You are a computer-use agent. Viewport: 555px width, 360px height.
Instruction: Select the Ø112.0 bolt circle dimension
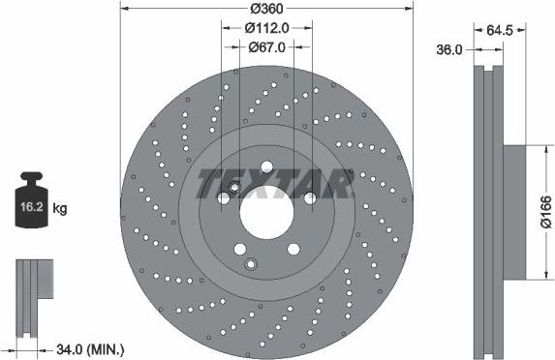(265, 26)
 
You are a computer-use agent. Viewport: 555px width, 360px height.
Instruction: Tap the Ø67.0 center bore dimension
(265, 45)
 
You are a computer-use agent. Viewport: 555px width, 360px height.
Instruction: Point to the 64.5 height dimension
(500, 28)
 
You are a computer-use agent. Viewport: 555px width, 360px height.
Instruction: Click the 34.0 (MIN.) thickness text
(92, 349)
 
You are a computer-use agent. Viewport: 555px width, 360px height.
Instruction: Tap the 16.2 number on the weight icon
(30, 207)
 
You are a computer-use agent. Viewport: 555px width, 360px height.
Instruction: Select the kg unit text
(59, 208)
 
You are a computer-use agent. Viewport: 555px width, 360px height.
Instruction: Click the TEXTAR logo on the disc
(274, 181)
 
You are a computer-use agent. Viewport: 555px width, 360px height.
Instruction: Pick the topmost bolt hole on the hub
(266, 165)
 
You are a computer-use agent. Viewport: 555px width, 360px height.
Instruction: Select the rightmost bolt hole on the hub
(310, 197)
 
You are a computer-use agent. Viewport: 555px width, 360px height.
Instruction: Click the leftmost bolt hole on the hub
(224, 197)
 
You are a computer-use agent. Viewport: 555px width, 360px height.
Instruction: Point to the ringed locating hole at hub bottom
(252, 264)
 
